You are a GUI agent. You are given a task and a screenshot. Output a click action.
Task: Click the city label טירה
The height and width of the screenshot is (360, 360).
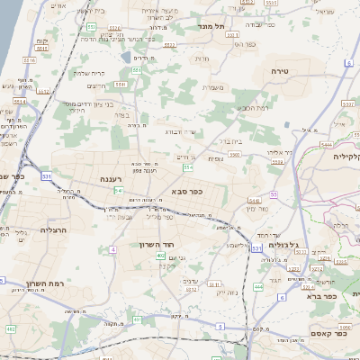pos(277,69)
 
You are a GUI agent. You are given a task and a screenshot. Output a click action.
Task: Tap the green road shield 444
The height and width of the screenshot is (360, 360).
pos(257,286)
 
